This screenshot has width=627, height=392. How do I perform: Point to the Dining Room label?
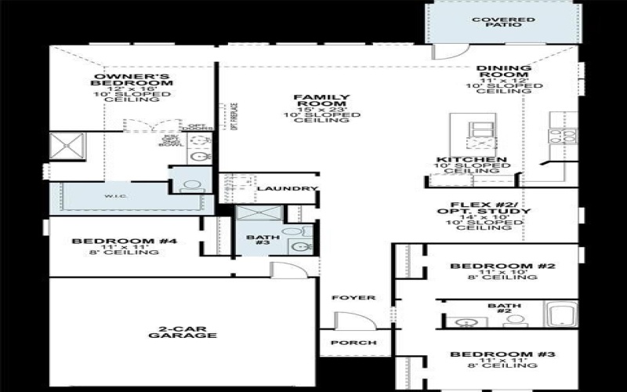pos(504,73)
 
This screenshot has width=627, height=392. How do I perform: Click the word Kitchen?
pos(471,160)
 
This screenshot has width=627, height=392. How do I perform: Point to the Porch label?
pos(353,343)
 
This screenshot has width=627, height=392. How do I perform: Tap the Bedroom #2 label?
pos(502,267)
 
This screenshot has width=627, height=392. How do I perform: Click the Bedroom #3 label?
pos(502,355)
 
